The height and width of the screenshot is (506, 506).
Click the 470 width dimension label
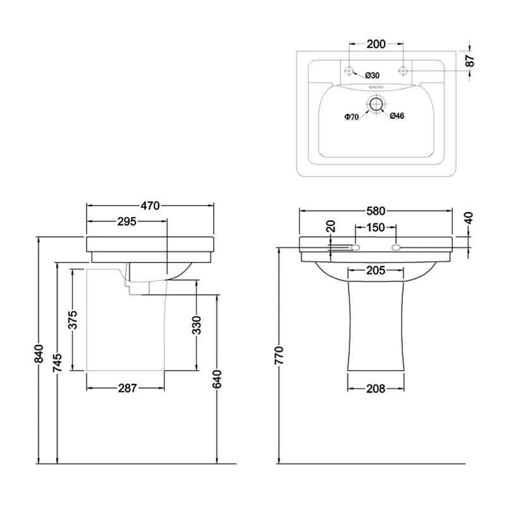click(150, 206)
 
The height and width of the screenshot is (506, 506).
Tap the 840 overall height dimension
click(39, 356)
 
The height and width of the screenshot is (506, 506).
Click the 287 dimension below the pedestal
click(127, 388)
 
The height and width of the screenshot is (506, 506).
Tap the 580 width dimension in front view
click(376, 211)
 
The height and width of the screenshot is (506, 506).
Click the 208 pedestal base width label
click(376, 388)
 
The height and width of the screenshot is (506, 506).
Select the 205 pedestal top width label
click(376, 271)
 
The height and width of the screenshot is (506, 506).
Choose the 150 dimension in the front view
click(376, 227)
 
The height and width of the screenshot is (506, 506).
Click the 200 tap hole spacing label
click(376, 44)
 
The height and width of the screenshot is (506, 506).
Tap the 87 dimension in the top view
click(469, 61)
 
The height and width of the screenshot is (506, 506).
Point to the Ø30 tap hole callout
click(371, 76)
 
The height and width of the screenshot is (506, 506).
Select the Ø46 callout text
click(397, 116)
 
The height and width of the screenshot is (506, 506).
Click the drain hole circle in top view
click(376, 104)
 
